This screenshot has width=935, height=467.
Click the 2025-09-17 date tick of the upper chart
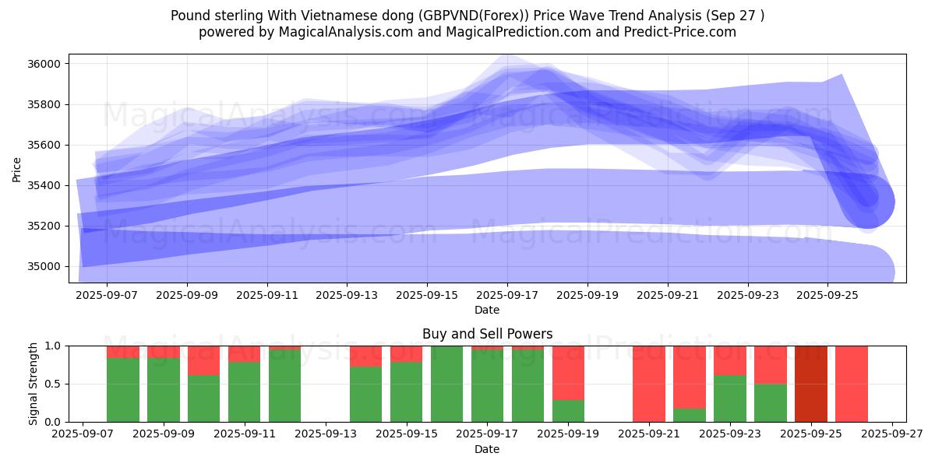507,296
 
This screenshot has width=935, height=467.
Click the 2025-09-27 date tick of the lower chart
893,435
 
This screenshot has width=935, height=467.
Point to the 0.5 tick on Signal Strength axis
55,384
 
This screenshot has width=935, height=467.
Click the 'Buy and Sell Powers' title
487,334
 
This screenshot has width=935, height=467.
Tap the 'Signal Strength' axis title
33,384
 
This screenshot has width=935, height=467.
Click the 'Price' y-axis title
17,168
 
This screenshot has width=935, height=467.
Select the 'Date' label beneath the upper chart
487,310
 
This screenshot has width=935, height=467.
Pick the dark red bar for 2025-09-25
811,384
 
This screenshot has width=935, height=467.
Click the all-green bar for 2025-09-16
446,384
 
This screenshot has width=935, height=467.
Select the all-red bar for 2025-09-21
649,384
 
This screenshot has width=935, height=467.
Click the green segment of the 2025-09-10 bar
203,399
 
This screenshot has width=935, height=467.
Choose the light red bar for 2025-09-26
852,384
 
